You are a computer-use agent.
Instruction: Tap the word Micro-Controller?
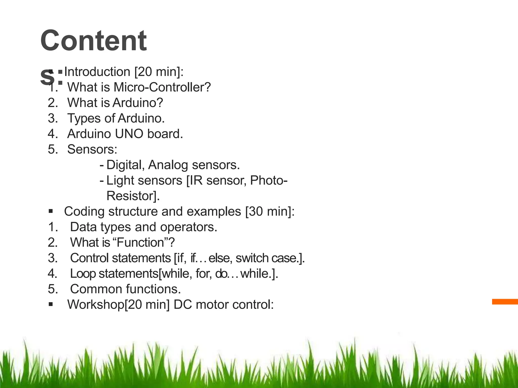(162, 87)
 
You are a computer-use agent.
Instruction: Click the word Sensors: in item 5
(92, 149)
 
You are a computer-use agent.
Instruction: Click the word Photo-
(269, 181)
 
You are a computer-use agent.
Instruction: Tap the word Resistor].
(133, 196)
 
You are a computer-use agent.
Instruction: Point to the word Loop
(83, 274)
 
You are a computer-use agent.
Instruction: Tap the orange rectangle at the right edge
(505, 302)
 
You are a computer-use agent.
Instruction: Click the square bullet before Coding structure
(51, 211)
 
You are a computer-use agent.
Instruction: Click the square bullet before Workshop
(51, 304)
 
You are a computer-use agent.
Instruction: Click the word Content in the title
(93, 40)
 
